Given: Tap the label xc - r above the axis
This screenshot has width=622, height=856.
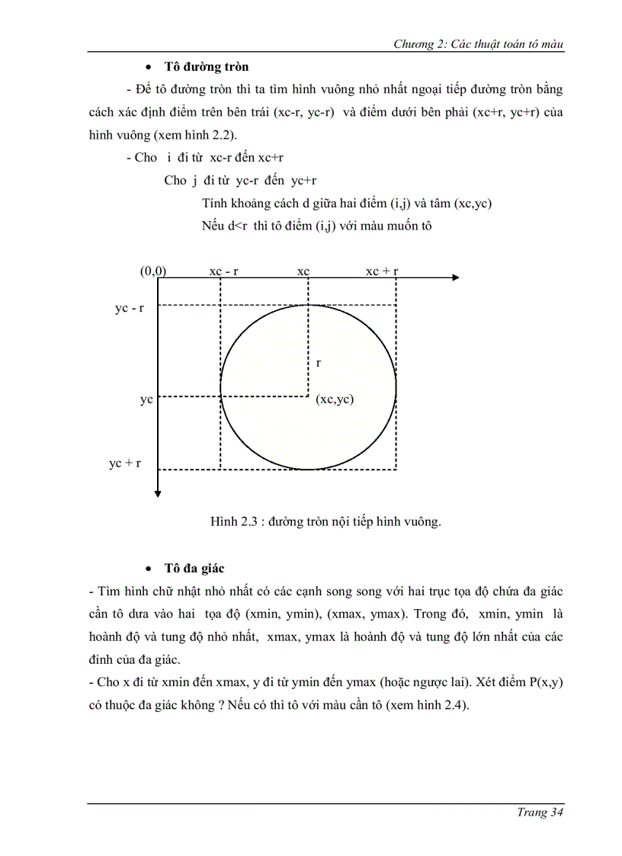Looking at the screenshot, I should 223,271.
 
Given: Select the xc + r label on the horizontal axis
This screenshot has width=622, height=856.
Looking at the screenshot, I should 382,271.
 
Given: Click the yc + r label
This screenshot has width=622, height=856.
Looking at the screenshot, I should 125,463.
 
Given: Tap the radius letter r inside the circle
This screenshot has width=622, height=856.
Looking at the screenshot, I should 318,364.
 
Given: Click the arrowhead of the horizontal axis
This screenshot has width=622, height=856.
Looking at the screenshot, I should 455,278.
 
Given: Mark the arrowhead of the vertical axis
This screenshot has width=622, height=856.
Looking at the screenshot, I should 157,493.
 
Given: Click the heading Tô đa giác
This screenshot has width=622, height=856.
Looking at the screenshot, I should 194,569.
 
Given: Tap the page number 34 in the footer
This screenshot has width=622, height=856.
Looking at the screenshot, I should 555,813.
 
